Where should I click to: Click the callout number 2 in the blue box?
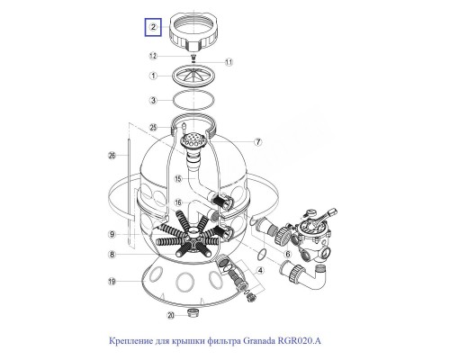pos(153,27)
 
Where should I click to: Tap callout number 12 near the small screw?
pos(153,56)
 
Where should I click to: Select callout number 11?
pos(229,62)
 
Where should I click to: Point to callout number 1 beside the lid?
pos(153,76)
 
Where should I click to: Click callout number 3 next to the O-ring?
pos(153,100)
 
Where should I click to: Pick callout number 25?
pos(153,128)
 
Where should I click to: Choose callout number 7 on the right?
pos(258,142)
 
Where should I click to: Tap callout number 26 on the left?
pos(112,155)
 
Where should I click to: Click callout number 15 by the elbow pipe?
pos(178,179)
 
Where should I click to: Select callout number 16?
pos(178,202)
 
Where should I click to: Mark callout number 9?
pos(112,234)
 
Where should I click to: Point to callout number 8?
pos(112,255)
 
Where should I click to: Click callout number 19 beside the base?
pos(112,282)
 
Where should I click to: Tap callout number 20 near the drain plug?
pos(171,315)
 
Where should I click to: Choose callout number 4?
pos(260,271)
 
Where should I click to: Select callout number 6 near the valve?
pos(288,255)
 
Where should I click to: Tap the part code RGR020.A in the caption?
pos(300,341)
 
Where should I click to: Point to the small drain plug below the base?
pos(191,313)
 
